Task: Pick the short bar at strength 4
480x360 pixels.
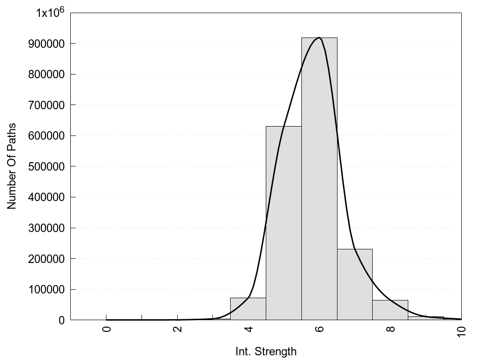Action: (x=248, y=309)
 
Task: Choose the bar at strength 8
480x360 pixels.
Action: (x=390, y=310)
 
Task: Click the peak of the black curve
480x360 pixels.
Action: (x=319, y=37)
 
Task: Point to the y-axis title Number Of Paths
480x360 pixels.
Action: (x=12, y=166)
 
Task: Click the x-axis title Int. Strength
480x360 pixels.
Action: (x=266, y=351)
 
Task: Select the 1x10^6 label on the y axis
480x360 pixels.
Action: (x=50, y=13)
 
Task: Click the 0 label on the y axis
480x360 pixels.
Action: (x=61, y=320)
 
